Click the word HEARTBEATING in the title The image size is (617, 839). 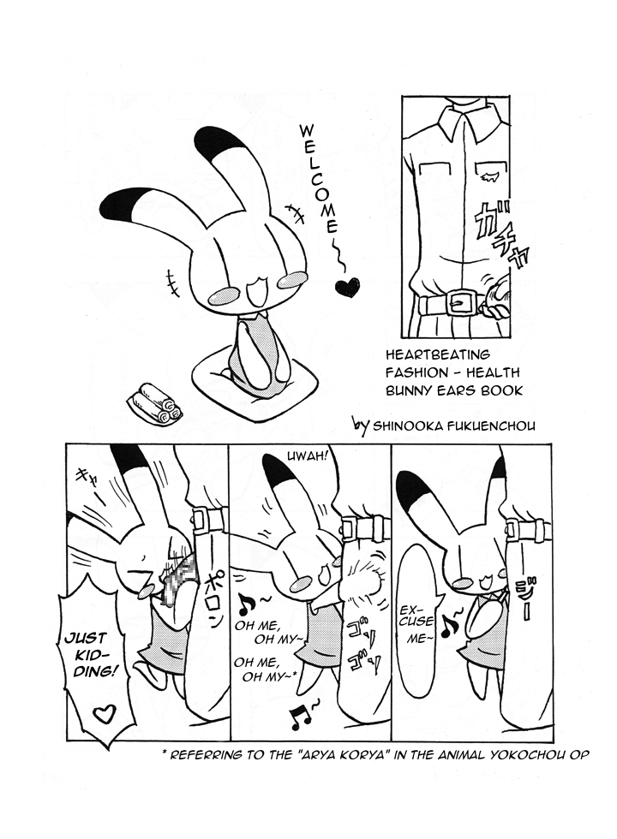coord(438,354)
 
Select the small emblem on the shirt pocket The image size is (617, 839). coord(489,176)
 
